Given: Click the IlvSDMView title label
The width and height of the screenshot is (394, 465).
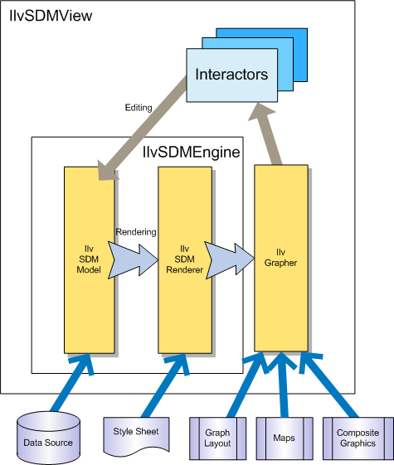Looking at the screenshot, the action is [x=51, y=17].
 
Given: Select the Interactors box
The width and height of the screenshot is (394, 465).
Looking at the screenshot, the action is [x=231, y=75].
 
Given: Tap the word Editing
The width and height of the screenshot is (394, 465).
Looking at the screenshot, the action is [x=139, y=108].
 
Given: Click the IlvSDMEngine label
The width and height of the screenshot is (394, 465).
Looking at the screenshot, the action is [x=192, y=153].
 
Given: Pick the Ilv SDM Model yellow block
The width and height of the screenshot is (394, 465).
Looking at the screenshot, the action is [x=90, y=259].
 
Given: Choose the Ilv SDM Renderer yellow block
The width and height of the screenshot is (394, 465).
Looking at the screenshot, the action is [x=185, y=259].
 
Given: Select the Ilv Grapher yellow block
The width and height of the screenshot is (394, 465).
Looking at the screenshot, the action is [x=281, y=258].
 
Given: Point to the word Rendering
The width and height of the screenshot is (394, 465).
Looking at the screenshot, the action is [x=136, y=232].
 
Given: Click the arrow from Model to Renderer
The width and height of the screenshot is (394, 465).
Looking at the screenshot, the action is [x=133, y=259].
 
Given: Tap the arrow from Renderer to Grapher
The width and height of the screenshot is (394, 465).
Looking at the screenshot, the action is [x=230, y=259].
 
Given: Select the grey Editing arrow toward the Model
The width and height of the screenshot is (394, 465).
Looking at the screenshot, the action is [x=143, y=128].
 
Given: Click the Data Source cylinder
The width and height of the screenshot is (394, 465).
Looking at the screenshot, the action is [x=48, y=438].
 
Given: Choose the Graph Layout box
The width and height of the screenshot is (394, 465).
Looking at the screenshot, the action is [x=218, y=438].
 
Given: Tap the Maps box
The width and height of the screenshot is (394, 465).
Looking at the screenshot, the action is [x=285, y=438].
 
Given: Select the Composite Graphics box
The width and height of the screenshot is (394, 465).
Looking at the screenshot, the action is [x=358, y=438].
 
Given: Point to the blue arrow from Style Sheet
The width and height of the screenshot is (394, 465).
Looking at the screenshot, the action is [x=166, y=385].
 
